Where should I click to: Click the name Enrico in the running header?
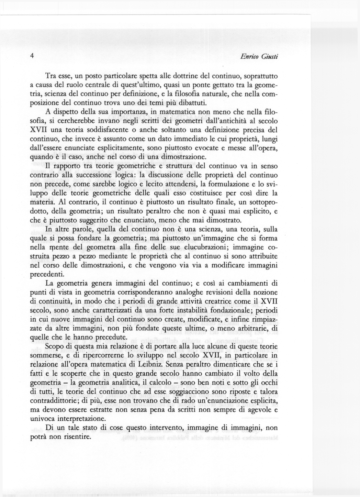click(251, 57)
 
